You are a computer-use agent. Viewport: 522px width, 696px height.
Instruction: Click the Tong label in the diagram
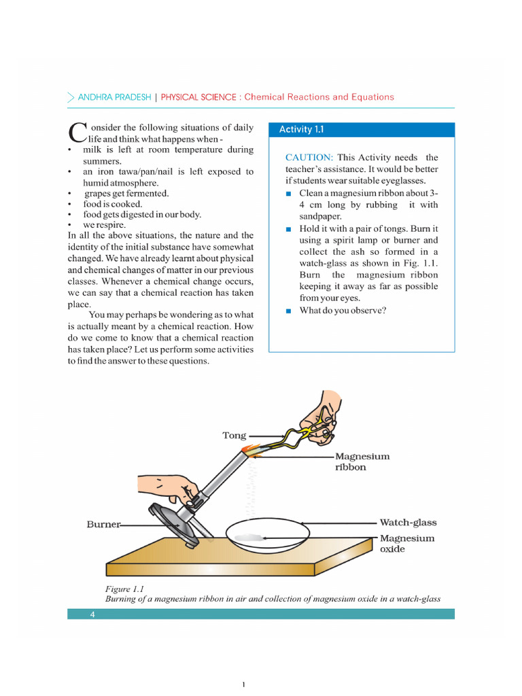[234, 435]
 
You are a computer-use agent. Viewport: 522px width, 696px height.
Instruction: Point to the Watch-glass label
[408, 523]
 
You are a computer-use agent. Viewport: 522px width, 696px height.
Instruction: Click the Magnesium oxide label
[406, 543]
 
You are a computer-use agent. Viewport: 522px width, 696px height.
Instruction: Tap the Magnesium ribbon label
[362, 462]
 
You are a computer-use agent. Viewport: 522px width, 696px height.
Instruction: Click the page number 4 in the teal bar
[92, 614]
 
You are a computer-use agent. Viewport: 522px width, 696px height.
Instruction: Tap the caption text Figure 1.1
[124, 589]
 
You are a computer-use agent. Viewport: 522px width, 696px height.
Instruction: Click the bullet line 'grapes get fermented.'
[126, 194]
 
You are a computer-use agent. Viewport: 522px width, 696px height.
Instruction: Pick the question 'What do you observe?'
[343, 311]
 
